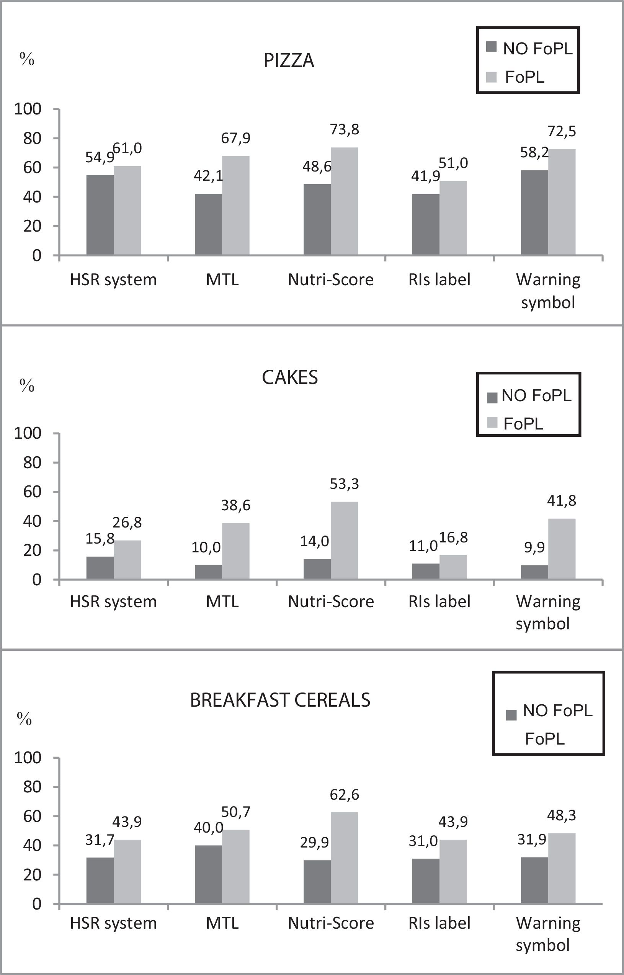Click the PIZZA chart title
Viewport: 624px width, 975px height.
pyautogui.click(x=289, y=61)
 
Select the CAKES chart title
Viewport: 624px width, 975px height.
pyautogui.click(x=290, y=377)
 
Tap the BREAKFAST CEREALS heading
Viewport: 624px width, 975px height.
pyautogui.click(x=280, y=700)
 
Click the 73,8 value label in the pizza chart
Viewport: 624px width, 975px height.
pyautogui.click(x=345, y=130)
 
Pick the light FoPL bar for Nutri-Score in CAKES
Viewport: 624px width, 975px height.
pyautogui.click(x=344, y=541)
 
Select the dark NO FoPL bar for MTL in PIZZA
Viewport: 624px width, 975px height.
pyautogui.click(x=208, y=224)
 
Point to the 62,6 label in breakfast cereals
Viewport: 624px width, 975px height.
pyautogui.click(x=344, y=795)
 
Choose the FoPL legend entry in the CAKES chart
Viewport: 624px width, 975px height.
pyautogui.click(x=523, y=424)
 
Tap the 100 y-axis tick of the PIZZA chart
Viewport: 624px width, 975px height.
pyautogui.click(x=28, y=109)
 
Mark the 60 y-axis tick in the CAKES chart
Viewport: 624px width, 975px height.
pyautogui.click(x=32, y=492)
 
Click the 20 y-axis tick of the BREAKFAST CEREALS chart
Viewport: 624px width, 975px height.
pyautogui.click(x=32, y=875)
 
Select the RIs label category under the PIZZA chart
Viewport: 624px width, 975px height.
pyautogui.click(x=439, y=280)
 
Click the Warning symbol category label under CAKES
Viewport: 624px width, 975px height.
pyautogui.click(x=548, y=612)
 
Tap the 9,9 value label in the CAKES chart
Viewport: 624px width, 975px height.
pyautogui.click(x=534, y=547)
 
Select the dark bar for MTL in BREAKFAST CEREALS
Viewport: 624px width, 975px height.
pyautogui.click(x=208, y=875)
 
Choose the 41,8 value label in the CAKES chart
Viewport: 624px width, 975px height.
pyautogui.click(x=561, y=501)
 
